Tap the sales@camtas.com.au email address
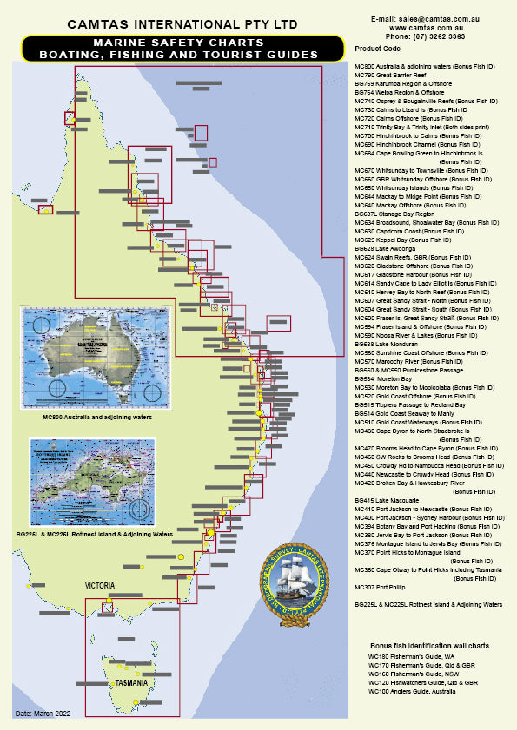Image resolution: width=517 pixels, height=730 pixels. point(433,17)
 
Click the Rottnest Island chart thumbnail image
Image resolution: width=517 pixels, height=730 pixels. point(92,482)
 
